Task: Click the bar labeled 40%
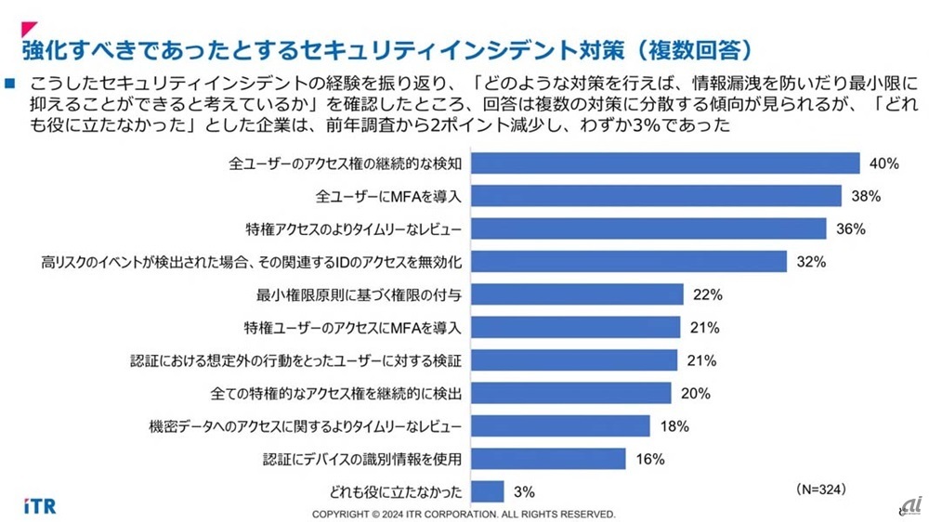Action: pos(666,163)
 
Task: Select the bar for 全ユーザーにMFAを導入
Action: pos(657,196)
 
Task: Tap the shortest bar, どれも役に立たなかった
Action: pos(489,490)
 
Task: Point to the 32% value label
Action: pos(811,262)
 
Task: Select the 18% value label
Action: pos(674,425)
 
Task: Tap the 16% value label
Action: pos(650,458)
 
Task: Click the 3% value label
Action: pos(524,490)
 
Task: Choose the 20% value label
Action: pos(695,393)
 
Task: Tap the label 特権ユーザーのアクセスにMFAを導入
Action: pos(352,327)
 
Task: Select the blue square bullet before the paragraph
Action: pos(11,83)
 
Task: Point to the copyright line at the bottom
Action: pos(464,514)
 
